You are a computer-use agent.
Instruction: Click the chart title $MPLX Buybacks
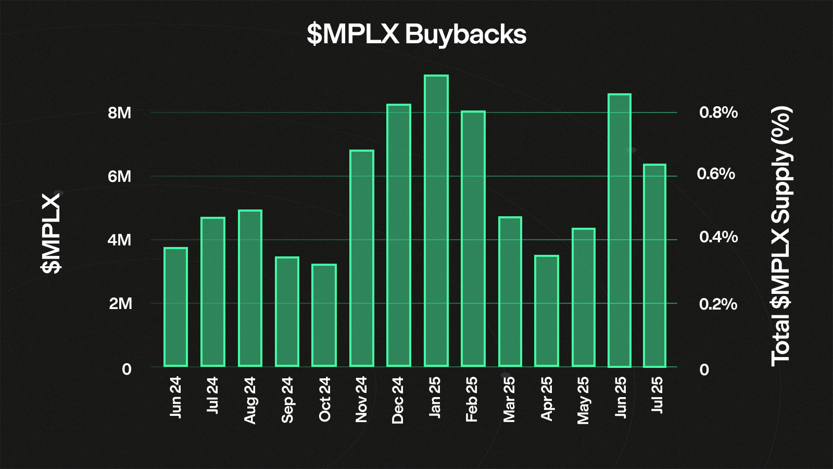coord(416,34)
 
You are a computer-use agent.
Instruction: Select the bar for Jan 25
coord(436,221)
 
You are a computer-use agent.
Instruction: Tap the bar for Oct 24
coord(324,315)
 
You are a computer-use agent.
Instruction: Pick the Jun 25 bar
coord(620,230)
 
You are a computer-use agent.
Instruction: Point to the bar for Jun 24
coord(175,307)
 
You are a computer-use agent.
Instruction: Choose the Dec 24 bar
coord(399,236)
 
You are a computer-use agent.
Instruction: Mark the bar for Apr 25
coord(546,311)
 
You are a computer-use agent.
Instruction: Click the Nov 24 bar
coord(362,258)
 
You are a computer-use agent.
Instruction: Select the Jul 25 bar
coord(654,266)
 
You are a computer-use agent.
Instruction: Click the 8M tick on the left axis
coord(120,113)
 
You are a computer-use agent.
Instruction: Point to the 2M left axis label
coord(120,304)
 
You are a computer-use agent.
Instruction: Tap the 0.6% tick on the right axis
coord(716,174)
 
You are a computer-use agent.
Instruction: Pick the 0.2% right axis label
coord(718,304)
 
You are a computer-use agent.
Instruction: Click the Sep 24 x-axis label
coord(287,400)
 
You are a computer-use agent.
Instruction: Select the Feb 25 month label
coord(472,399)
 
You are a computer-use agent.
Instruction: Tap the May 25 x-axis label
coord(583,400)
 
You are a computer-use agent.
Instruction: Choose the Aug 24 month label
coord(250,400)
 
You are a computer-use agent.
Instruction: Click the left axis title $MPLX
coord(51,233)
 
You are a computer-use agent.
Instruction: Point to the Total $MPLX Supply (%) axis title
coord(781,236)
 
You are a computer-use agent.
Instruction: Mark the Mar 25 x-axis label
coord(509,399)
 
